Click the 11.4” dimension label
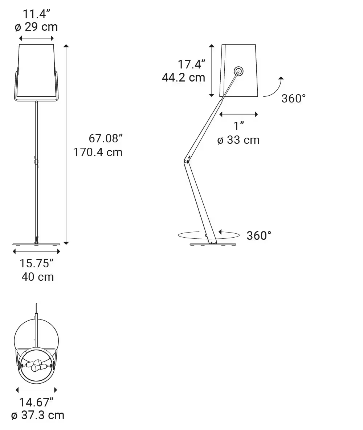[36, 14]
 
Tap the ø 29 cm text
[36, 27]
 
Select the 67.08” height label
[106, 138]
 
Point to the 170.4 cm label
[98, 152]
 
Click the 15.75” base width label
[36, 263]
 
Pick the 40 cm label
[38, 277]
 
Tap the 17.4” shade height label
[192, 64]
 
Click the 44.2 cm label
[184, 78]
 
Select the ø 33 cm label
[238, 140]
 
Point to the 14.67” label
[36, 402]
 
